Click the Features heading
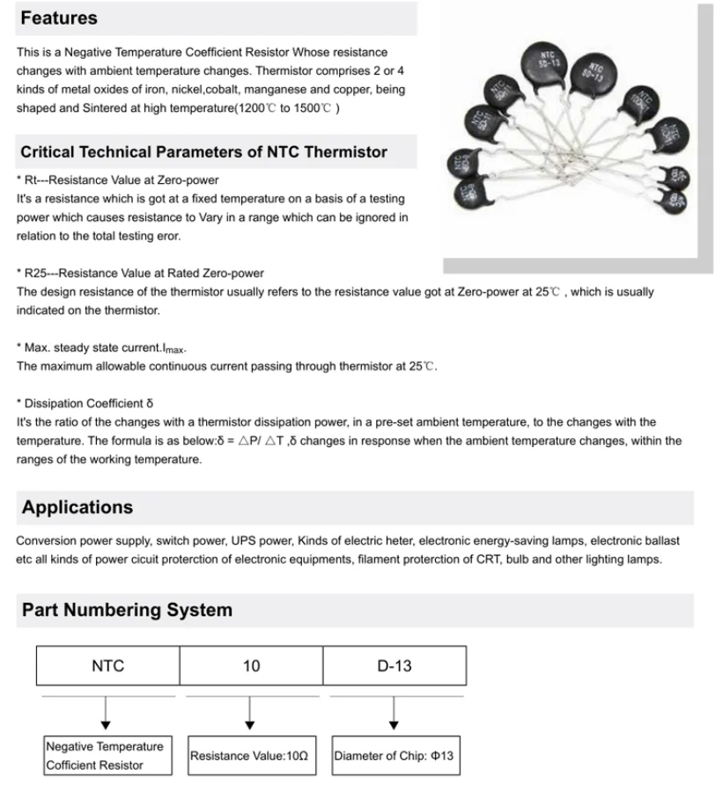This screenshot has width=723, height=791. tap(59, 18)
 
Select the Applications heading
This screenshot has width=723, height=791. tap(77, 508)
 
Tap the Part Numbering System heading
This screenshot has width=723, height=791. tap(127, 610)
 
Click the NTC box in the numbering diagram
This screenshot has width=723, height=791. tap(107, 666)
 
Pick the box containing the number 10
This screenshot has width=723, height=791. tap(251, 666)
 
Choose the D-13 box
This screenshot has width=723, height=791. tap(394, 666)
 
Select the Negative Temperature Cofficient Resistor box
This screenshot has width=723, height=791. tap(105, 756)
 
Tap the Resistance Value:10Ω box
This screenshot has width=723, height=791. tap(249, 756)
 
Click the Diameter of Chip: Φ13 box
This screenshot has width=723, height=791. tap(394, 756)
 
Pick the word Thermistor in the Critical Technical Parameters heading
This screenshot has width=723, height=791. tap(345, 152)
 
